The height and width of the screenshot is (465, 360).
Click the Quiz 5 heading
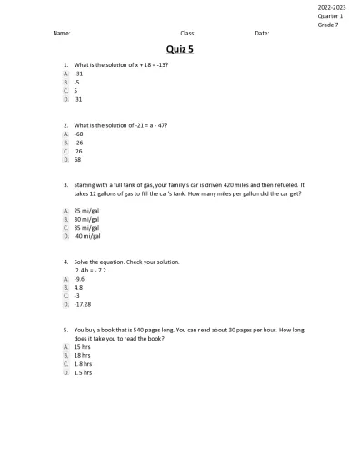(x=180, y=51)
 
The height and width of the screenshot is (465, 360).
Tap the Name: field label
(x=62, y=33)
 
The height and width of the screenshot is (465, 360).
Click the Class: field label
(x=188, y=33)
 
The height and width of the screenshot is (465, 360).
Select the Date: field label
(x=262, y=33)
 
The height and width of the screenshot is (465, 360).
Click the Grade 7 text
(x=327, y=25)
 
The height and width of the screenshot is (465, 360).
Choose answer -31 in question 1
(x=79, y=74)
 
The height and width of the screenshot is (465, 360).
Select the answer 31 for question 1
(x=78, y=99)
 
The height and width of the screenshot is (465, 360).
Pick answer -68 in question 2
(x=79, y=134)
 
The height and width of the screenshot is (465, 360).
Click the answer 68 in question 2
(x=78, y=159)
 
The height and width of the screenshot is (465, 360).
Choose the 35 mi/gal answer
(x=86, y=227)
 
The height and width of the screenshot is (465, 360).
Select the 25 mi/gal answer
(x=86, y=211)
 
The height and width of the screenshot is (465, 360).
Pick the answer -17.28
(x=83, y=304)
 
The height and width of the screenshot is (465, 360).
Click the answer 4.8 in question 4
(x=79, y=288)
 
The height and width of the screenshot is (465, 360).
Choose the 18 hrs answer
(x=82, y=355)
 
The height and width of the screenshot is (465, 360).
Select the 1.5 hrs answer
(x=83, y=372)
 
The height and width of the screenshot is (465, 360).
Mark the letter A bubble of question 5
(x=65, y=347)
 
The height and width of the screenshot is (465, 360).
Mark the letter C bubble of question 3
(x=65, y=227)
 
